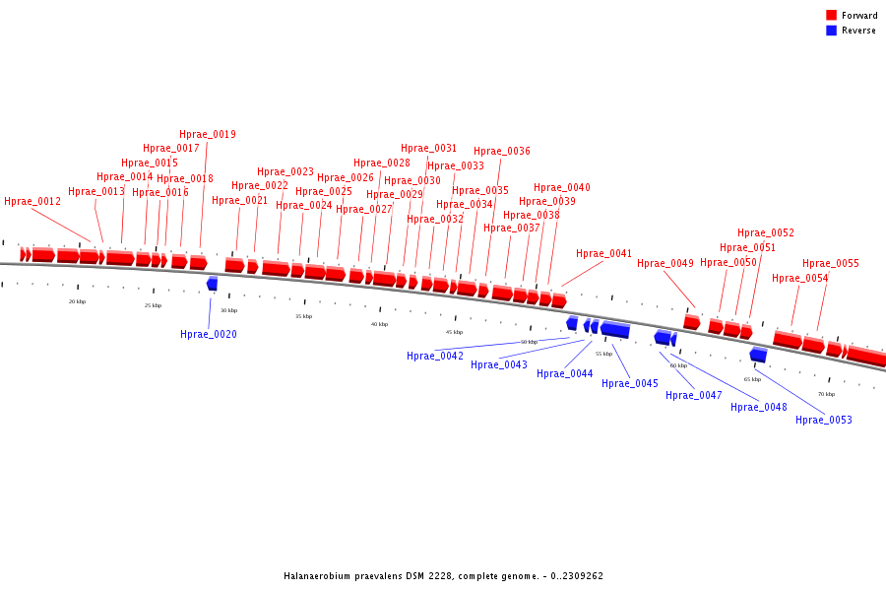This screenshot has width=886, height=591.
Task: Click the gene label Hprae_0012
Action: (32, 202)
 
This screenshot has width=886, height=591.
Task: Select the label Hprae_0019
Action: (208, 135)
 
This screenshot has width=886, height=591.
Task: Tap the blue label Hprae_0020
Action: (209, 335)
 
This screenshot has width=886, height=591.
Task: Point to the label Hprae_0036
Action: (502, 152)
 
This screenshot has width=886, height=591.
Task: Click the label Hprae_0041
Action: (604, 254)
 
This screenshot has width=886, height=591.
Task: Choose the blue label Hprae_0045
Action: (630, 384)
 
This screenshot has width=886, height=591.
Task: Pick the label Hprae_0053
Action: (824, 421)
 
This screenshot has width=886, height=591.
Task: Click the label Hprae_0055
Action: (831, 264)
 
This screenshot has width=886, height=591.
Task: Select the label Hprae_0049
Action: (665, 264)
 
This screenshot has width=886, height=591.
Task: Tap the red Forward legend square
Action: (831, 15)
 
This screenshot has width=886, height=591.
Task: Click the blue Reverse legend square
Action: (831, 31)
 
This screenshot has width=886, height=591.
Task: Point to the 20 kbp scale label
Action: (77, 301)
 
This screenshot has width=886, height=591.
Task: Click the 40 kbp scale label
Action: (379, 324)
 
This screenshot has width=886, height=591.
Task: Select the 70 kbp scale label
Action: (826, 394)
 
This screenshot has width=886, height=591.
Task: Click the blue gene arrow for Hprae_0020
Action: (212, 284)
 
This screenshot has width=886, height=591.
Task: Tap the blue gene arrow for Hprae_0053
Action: (758, 355)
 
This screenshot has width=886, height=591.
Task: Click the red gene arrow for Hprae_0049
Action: (692, 322)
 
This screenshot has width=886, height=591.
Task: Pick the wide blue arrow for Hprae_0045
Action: (615, 329)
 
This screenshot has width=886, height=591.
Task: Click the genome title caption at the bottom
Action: (443, 576)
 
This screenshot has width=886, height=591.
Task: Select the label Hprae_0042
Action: (435, 357)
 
